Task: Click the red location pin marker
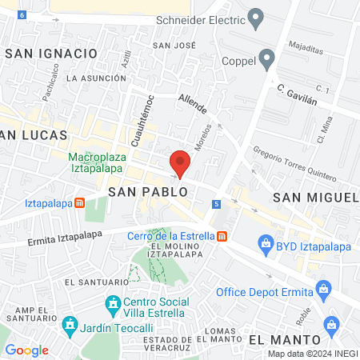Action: pyautogui.click(x=181, y=163)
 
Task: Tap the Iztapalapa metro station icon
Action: pyautogui.click(x=80, y=202)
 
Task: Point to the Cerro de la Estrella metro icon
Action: pyautogui.click(x=222, y=236)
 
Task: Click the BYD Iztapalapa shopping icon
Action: pyautogui.click(x=265, y=243)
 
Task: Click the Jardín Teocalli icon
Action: pyautogui.click(x=70, y=326)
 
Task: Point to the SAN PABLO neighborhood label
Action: pyautogui.click(x=148, y=193)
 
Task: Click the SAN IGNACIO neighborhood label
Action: pyautogui.click(x=50, y=53)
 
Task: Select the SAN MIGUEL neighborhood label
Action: pyautogui.click(x=314, y=197)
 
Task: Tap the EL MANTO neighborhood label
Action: pyautogui.click(x=278, y=340)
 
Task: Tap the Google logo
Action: pyautogui.click(x=26, y=350)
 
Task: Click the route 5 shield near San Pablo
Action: pyautogui.click(x=216, y=205)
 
